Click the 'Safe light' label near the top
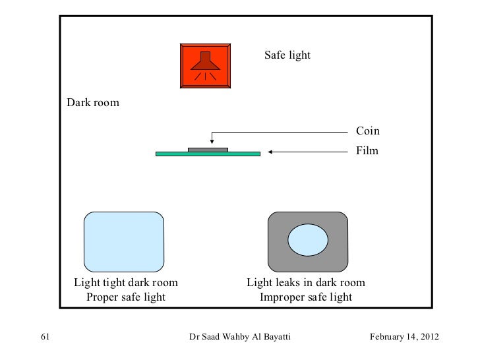[287, 55]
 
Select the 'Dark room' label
[92, 104]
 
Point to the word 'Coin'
[368, 131]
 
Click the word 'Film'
[368, 151]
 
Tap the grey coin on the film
[208, 149]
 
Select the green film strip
[244, 154]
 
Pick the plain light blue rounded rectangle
[124, 241]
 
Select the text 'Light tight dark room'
[125, 283]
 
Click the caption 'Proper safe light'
[125, 297]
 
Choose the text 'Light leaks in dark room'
[306, 283]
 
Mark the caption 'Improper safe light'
[306, 297]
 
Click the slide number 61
[45, 338]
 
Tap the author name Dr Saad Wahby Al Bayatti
[239, 338]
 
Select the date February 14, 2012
[404, 338]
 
